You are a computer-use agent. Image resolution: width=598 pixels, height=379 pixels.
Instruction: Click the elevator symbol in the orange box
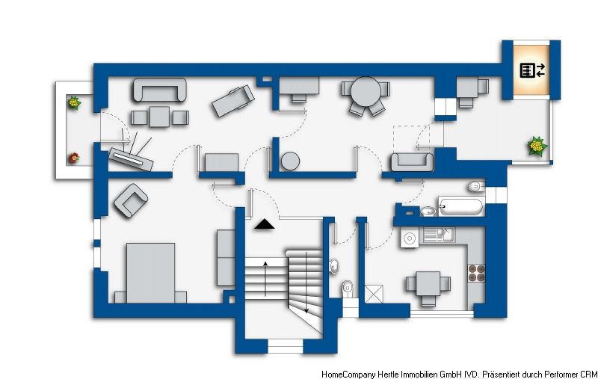point(532,70)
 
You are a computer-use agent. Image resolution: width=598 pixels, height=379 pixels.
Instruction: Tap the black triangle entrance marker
point(265,224)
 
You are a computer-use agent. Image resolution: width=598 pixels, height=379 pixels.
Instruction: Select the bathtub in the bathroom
point(460,206)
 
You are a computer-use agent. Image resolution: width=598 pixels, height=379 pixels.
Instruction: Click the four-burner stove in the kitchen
point(476,273)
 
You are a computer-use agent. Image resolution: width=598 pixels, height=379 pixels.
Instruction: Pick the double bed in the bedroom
point(151,273)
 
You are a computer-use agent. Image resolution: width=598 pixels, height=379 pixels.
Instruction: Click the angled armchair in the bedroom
point(131,201)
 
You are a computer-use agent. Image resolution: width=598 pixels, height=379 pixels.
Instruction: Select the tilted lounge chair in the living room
point(233,101)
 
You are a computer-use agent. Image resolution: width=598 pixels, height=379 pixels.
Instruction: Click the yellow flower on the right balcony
point(537,146)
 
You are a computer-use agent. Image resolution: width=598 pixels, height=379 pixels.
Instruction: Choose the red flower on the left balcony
point(73,158)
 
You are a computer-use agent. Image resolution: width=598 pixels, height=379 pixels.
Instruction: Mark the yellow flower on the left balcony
point(73,102)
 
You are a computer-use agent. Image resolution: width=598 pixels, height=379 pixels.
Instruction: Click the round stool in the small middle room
point(290,161)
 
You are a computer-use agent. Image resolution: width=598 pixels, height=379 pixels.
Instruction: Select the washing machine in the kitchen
point(410,238)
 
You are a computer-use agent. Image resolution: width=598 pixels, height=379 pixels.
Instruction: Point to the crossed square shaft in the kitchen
point(374,294)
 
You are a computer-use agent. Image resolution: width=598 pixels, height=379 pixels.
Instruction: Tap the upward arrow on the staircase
point(265,279)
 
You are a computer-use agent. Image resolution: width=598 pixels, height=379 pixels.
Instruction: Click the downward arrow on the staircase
point(306,283)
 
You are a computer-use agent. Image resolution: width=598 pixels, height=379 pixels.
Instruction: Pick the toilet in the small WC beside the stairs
point(348,286)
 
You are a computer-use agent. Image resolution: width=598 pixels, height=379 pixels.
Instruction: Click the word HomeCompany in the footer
point(348,374)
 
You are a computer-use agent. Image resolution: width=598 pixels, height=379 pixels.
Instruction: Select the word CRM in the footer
point(589,374)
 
